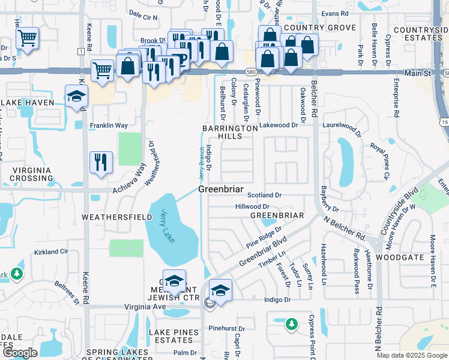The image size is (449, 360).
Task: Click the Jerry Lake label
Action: pyautogui.click(x=168, y=225)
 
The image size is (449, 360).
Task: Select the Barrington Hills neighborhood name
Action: pyautogui.click(x=231, y=132)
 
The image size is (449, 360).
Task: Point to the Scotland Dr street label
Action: pyautogui.click(x=265, y=195)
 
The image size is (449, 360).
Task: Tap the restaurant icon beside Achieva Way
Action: pyautogui.click(x=100, y=162)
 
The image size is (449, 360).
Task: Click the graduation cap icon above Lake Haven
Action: pyautogui.click(x=76, y=97)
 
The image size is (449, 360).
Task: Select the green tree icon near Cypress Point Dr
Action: pyautogui.click(x=292, y=324)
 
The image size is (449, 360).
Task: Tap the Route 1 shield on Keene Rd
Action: pyautogui.click(x=80, y=52)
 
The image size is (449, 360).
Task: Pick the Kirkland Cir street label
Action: pyautogui.click(x=51, y=252)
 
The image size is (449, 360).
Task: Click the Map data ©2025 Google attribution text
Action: pyautogui.click(x=412, y=355)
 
